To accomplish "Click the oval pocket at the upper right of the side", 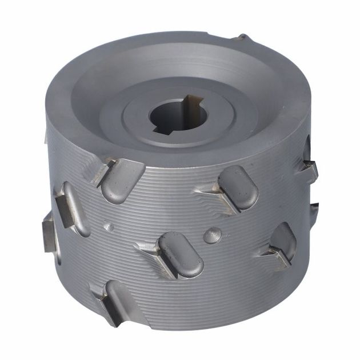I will [x=238, y=187].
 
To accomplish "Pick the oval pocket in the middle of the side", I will [x=180, y=255].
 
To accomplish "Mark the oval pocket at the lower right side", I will [x=282, y=240].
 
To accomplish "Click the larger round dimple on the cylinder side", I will [x=213, y=235].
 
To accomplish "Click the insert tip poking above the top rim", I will [x=243, y=38].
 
